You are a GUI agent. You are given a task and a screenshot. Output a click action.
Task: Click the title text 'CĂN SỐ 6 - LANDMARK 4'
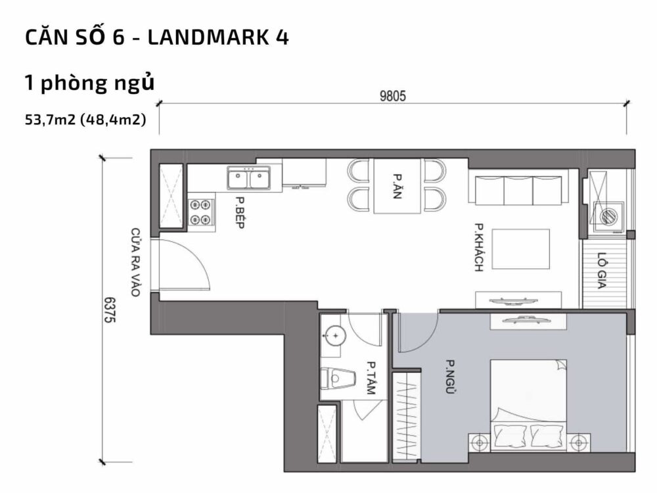click(x=156, y=38)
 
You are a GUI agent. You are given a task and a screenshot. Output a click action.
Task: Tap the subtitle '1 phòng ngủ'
click(x=89, y=84)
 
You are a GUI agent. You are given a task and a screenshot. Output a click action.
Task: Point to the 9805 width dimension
click(x=393, y=96)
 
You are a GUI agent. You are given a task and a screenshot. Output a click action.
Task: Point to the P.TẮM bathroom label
click(x=371, y=379)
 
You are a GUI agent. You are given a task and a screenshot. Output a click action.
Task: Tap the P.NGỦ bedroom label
click(x=451, y=378)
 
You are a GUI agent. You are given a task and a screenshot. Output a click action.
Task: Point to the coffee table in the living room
click(x=521, y=249)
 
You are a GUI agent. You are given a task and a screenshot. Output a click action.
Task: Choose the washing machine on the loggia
click(x=609, y=214)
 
